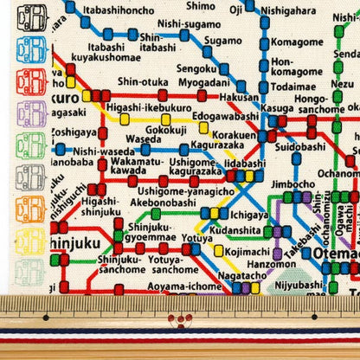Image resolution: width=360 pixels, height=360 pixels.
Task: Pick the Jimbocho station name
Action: point(296,183)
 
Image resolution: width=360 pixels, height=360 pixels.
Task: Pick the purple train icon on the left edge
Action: point(31,112)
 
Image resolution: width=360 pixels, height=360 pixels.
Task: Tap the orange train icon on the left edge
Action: point(31,209)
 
